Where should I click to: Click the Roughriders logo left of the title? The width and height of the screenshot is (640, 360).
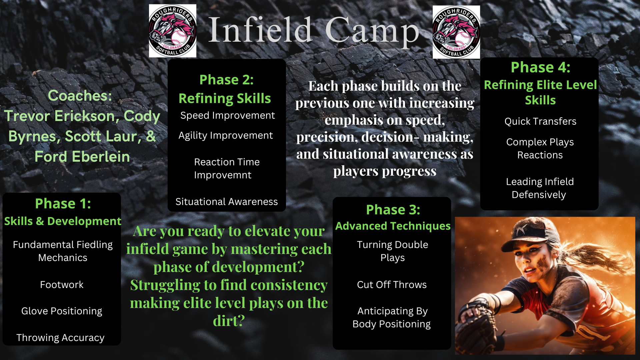pos(172,31)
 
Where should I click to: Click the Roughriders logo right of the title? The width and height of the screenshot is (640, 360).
pos(456,32)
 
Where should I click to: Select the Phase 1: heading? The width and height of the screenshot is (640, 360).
pos(63,203)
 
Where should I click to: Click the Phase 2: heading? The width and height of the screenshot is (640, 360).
pos(226,80)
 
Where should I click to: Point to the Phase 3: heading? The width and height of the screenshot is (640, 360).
pos(393,210)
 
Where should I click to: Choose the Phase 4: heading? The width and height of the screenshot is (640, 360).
pos(540,67)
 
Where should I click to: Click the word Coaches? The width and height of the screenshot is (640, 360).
pos(80,96)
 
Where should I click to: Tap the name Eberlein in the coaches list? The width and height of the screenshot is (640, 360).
pos(101,156)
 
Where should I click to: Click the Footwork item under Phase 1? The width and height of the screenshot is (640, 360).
pos(62,285)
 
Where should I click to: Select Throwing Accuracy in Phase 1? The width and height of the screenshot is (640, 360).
pos(60,338)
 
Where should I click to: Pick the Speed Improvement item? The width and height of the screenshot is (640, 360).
pos(228,116)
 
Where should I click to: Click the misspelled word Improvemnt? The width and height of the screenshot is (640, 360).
pos(223,175)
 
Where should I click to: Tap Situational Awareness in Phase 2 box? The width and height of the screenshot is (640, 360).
pos(227,202)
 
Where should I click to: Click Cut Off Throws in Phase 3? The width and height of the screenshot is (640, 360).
pos(392,285)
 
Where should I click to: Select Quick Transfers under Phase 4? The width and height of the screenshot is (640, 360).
pos(540,121)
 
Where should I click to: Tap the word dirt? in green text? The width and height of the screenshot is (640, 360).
pos(229,321)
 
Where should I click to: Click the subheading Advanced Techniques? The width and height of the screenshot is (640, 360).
pos(393,226)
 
